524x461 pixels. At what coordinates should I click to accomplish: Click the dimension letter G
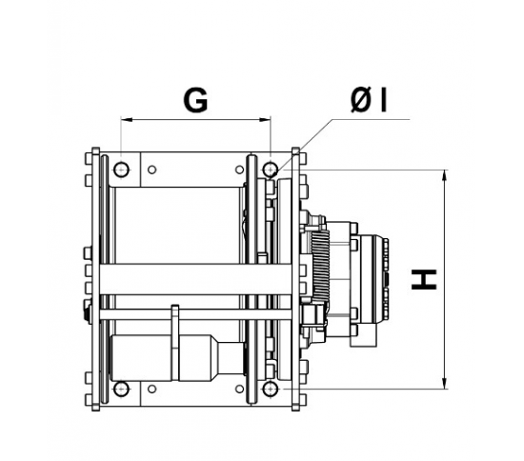(x=195, y=101)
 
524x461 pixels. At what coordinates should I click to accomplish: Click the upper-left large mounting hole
(x=121, y=170)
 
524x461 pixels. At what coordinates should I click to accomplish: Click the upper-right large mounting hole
(x=271, y=170)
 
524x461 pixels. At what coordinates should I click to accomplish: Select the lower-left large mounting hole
(x=121, y=390)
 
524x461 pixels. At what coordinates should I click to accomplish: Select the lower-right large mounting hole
(x=271, y=390)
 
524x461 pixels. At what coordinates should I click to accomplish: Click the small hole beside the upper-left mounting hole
(x=152, y=170)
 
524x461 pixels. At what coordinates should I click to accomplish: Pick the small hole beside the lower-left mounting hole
(x=152, y=390)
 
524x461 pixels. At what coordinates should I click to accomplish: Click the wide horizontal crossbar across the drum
(x=171, y=279)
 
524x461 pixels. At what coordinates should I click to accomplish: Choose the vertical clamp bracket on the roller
(x=175, y=343)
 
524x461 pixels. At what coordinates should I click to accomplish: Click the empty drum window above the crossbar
(x=176, y=224)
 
